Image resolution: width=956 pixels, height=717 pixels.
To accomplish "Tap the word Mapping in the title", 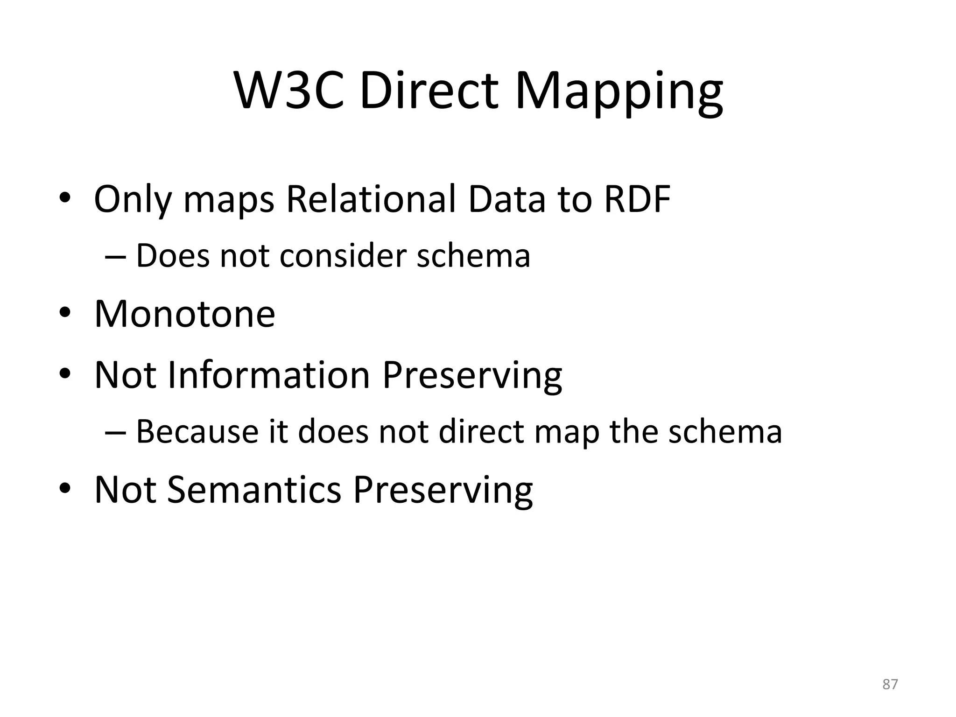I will pyautogui.click(x=619, y=91).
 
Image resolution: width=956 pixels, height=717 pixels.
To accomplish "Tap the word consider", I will pyautogui.click(x=343, y=256).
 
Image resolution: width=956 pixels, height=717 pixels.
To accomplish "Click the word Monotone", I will pyautogui.click(x=185, y=314).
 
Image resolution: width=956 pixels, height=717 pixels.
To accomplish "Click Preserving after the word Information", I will pyautogui.click(x=472, y=376).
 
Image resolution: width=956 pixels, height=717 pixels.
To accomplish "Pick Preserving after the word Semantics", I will pyautogui.click(x=443, y=491).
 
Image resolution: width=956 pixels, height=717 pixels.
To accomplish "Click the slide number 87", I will pyautogui.click(x=890, y=684).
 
